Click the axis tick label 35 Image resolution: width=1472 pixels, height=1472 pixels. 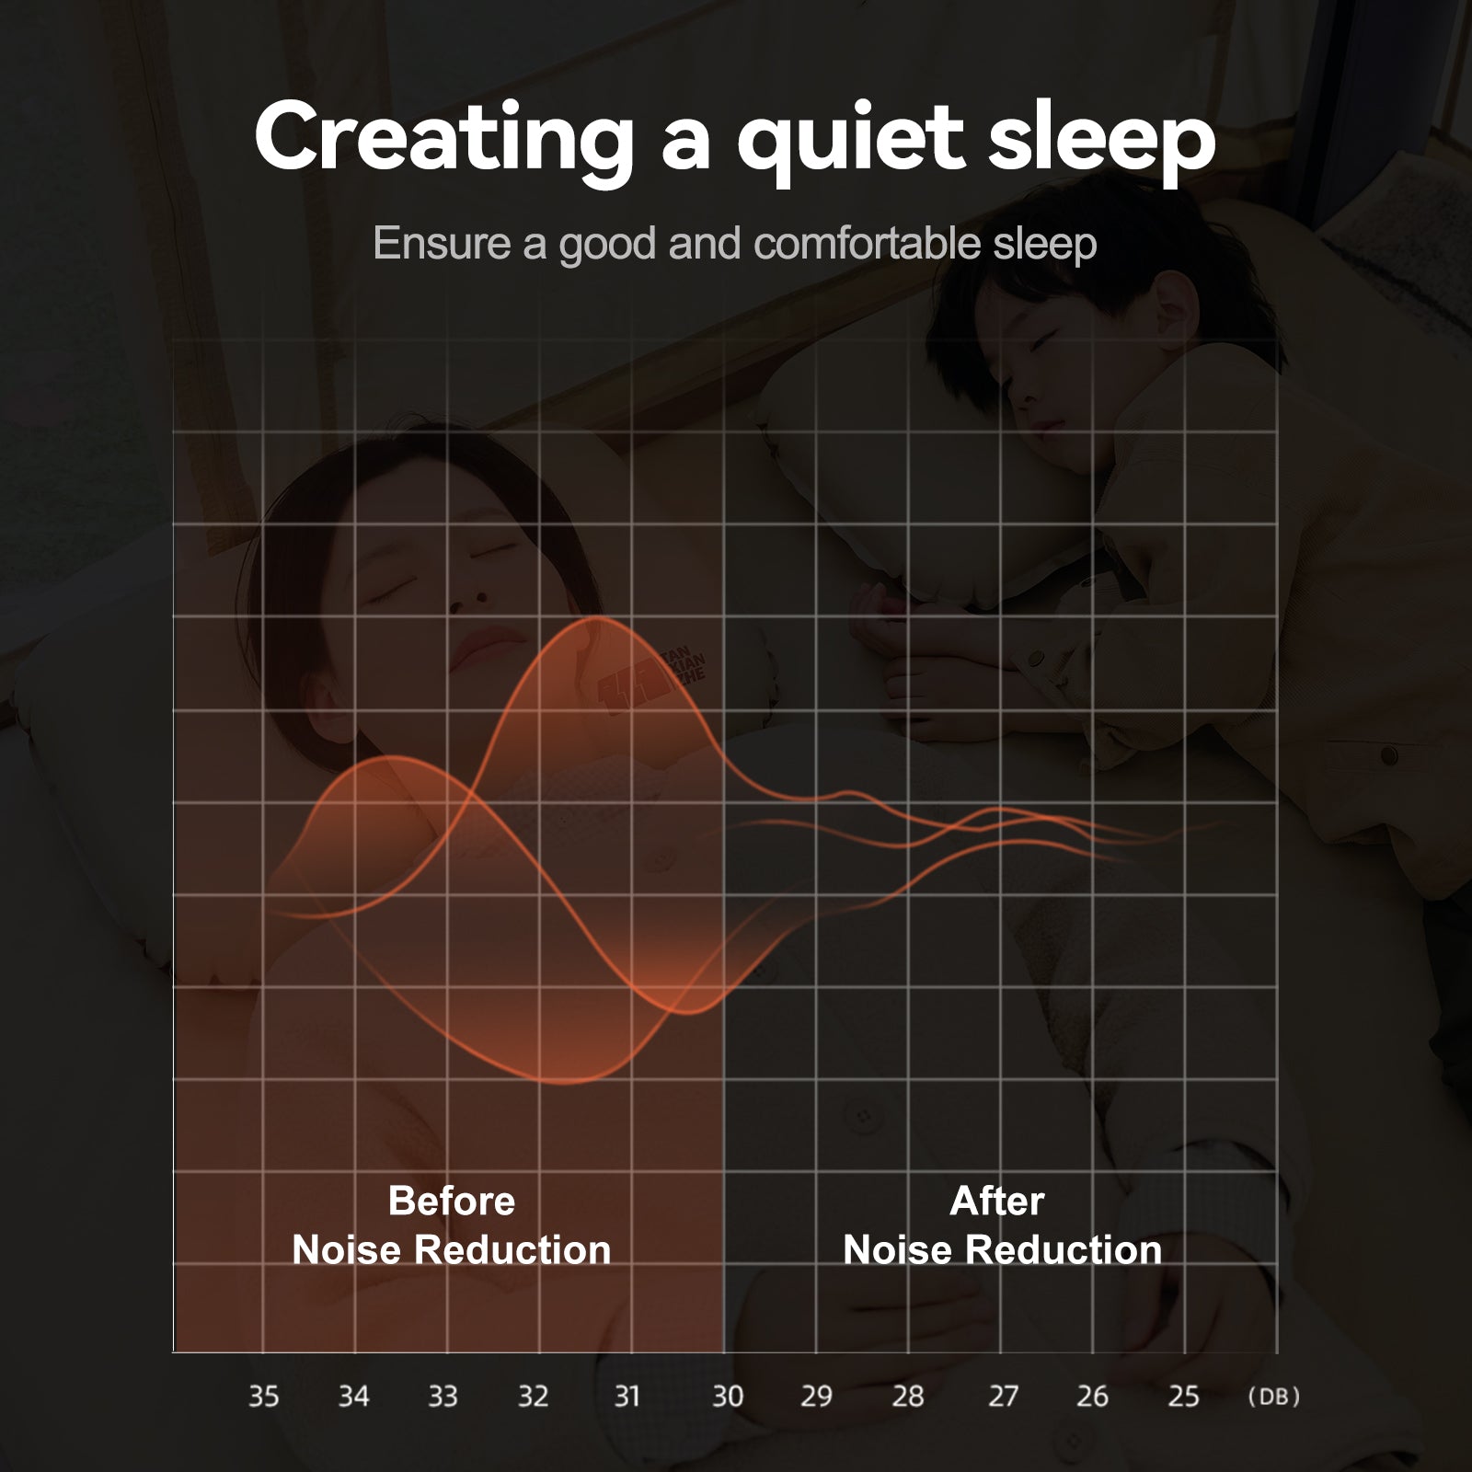[x=263, y=1397]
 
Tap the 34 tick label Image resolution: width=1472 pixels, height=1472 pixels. [x=353, y=1397]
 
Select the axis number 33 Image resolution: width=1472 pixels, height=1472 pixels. [x=443, y=1397]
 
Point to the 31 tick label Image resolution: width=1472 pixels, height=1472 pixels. [x=627, y=1397]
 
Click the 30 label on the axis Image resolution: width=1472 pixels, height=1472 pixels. [x=728, y=1397]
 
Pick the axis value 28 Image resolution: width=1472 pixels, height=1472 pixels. [x=908, y=1397]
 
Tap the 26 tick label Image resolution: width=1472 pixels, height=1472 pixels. [x=1092, y=1397]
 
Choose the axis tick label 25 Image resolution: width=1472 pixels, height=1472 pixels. [x=1184, y=1397]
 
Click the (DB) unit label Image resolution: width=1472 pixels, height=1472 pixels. [x=1273, y=1397]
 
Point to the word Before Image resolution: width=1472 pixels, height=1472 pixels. [x=452, y=1201]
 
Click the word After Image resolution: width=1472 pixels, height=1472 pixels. [x=997, y=1201]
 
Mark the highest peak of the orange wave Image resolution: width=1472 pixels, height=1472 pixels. [x=593, y=619]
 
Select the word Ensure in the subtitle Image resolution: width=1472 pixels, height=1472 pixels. [x=442, y=244]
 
